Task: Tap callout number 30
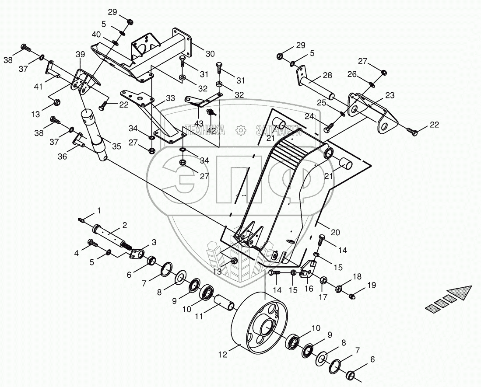pos(210,54)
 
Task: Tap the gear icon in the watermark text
pos(240,130)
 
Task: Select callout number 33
pos(170,98)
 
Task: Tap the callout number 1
pos(98,210)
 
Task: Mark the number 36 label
pos(63,156)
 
